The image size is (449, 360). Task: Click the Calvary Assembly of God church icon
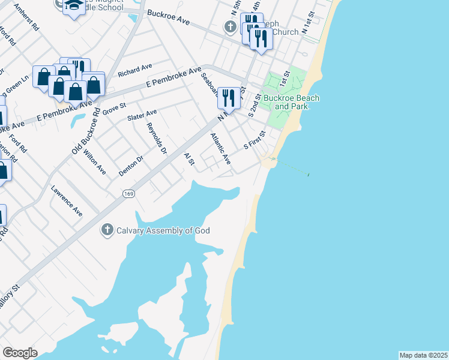(x=107, y=230)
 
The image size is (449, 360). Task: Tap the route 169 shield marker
(x=129, y=193)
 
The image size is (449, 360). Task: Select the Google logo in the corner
(x=20, y=353)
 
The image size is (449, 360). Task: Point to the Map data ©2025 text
(x=423, y=355)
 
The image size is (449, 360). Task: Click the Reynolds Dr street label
(x=156, y=139)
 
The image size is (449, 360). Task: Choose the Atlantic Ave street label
(x=220, y=149)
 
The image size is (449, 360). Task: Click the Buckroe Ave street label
(x=168, y=17)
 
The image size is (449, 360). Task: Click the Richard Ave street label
(x=135, y=70)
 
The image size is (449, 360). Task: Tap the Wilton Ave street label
(x=95, y=163)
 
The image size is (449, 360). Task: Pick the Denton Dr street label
(x=131, y=166)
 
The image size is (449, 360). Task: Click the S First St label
(x=254, y=142)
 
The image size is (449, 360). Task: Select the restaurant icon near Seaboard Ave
(x=229, y=97)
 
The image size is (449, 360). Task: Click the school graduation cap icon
(x=74, y=5)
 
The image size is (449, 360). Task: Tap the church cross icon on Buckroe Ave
(x=229, y=27)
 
